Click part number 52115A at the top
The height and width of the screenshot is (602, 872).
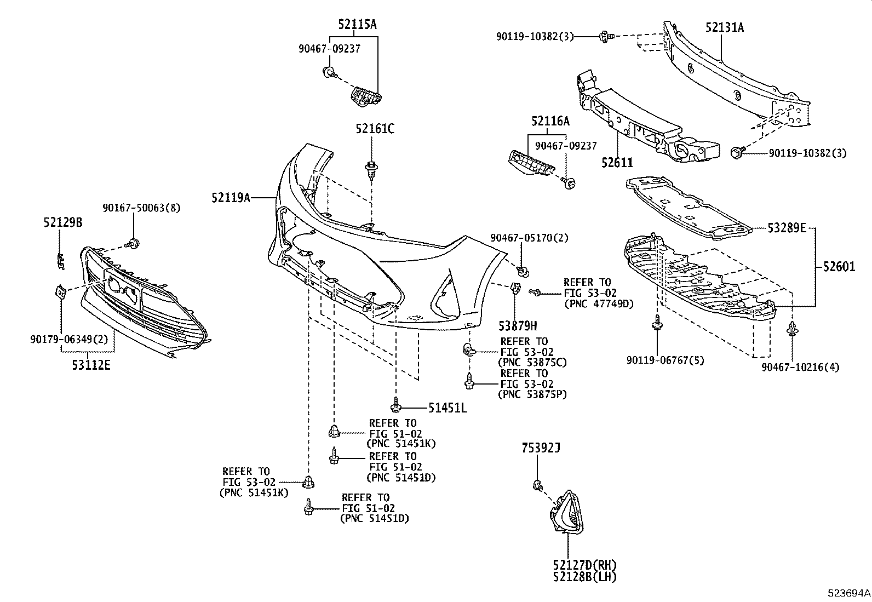point(357,24)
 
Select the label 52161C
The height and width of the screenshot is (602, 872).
point(374,129)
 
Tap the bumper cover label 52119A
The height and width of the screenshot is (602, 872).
point(231,197)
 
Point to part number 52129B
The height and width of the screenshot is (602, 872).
point(63,222)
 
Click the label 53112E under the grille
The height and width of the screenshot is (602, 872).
point(91,364)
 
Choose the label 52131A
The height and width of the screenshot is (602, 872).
point(724,27)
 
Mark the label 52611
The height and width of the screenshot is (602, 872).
point(617,163)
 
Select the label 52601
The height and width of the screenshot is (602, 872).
point(838,267)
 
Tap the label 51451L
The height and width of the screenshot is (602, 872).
point(448,408)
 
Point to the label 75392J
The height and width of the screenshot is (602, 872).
point(541,449)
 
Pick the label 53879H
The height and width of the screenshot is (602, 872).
point(518,326)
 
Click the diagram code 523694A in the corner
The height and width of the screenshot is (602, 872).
point(848,593)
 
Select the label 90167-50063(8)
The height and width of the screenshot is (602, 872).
point(141,208)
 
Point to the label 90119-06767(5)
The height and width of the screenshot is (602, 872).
point(666,360)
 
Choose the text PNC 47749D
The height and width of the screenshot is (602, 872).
point(598,304)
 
